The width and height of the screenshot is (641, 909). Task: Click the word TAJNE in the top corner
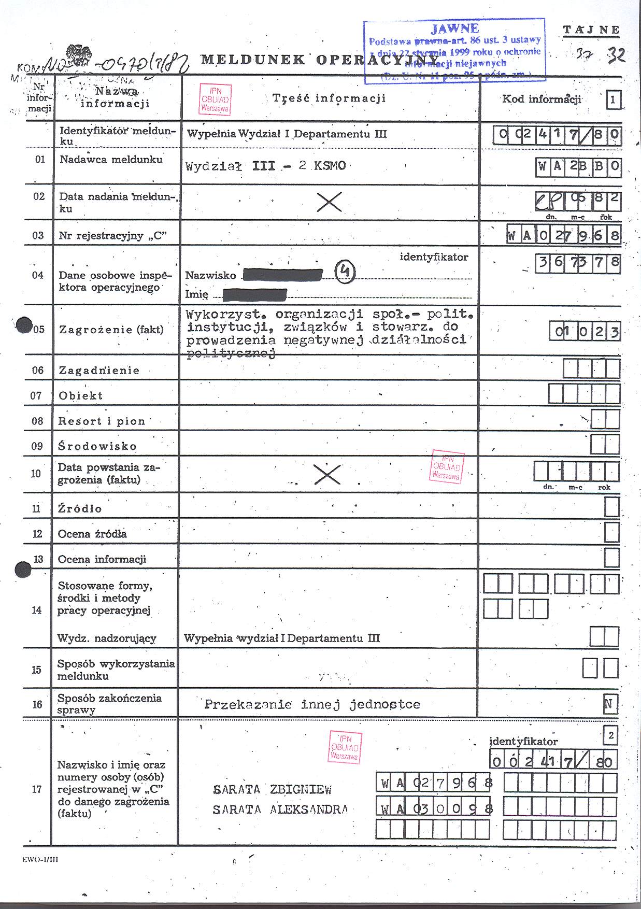(591, 30)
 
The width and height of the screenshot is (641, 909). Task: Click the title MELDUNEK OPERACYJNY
(319, 60)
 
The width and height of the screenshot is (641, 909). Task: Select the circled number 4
(345, 272)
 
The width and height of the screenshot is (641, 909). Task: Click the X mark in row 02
(329, 202)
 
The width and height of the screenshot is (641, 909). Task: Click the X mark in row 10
(327, 474)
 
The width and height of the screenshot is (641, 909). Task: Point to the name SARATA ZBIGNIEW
(272, 790)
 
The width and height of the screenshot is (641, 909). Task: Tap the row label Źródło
(80, 509)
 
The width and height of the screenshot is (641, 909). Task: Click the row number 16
(37, 704)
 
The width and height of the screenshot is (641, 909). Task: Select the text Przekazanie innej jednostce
(312, 705)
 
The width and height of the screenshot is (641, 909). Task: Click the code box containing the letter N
(610, 704)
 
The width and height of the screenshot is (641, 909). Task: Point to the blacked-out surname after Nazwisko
(282, 275)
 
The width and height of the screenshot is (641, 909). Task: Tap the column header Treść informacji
(329, 98)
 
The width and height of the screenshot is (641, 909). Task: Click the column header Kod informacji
(542, 99)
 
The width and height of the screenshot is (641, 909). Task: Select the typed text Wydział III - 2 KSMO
(265, 166)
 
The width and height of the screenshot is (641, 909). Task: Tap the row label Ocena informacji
(102, 559)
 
